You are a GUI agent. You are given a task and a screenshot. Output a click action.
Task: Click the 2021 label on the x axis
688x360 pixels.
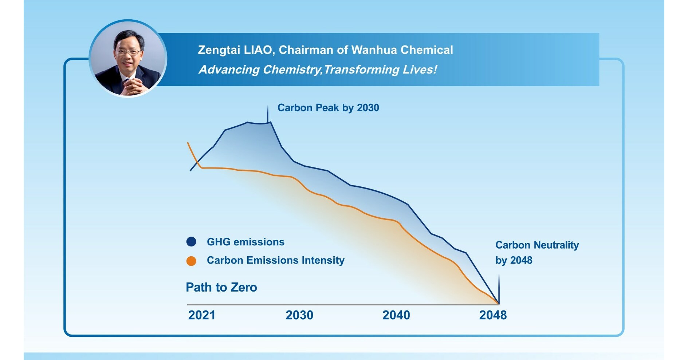pos(201,315)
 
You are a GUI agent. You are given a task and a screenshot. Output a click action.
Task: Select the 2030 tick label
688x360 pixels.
pos(299,315)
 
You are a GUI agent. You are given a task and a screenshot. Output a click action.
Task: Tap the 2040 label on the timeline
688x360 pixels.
pos(396,315)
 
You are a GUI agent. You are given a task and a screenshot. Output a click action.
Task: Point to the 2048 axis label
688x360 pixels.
pos(493,315)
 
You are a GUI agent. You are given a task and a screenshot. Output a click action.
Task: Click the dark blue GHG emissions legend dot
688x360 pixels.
pos(191,242)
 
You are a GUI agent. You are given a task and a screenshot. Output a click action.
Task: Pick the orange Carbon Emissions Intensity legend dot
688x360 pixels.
pos(191,261)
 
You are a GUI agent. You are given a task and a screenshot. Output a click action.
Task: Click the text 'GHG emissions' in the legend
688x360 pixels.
pos(245,242)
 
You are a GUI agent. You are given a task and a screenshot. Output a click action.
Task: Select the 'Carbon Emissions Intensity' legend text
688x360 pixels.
pos(275,260)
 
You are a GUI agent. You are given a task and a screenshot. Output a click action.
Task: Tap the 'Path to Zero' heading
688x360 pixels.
pos(221,287)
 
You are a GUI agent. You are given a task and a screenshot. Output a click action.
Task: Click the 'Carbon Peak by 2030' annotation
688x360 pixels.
pos(328,108)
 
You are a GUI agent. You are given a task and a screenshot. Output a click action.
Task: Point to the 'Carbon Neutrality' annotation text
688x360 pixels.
pos(537,245)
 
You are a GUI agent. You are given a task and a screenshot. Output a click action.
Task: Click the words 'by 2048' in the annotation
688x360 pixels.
pos(514,260)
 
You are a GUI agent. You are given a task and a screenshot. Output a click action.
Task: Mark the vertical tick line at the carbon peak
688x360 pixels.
pos(268,114)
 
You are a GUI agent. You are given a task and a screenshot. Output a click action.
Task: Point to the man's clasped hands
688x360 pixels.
pos(132,86)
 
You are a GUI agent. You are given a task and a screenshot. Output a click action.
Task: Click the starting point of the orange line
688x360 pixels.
pos(188,143)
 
